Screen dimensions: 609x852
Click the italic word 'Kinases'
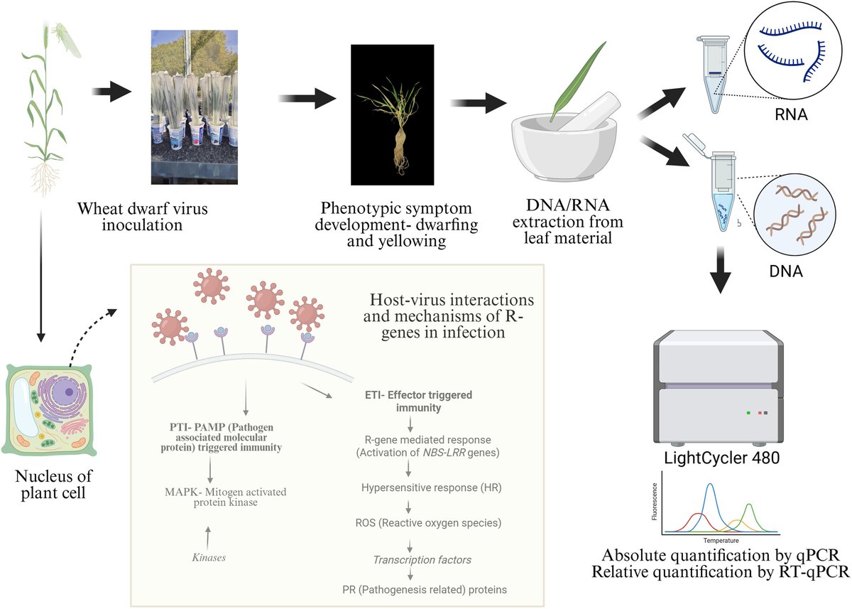click(x=209, y=557)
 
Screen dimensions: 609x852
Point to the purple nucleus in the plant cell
click(x=67, y=390)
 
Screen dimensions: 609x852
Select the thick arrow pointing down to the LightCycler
click(x=721, y=270)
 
